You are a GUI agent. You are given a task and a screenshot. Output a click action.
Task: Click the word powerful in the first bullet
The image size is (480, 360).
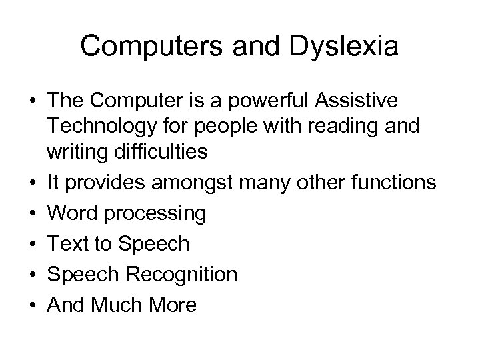[x=252, y=101]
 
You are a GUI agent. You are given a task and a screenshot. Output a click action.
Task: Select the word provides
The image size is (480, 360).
[x=107, y=183]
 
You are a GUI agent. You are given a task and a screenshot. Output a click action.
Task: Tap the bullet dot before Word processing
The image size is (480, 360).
[x=32, y=213]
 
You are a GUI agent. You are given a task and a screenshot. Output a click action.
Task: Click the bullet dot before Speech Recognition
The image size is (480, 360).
[x=32, y=274]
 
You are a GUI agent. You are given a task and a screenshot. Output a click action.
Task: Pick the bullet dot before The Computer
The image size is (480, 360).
[x=32, y=101]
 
